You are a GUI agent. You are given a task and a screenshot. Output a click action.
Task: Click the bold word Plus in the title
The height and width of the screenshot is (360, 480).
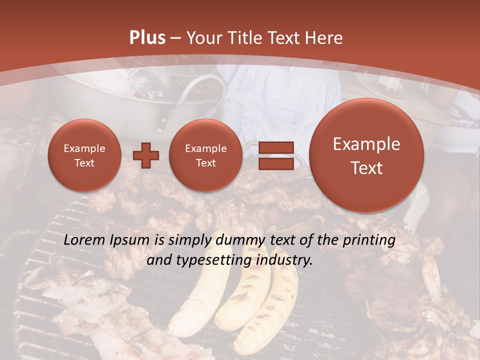147,38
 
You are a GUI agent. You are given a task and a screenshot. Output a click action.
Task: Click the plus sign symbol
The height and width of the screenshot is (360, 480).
146,155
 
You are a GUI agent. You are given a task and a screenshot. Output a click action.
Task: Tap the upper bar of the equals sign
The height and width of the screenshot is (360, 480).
275,148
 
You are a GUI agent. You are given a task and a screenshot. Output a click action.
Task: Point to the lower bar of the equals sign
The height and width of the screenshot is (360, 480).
275,163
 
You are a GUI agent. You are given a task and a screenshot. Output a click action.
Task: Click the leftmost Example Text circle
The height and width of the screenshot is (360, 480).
84,155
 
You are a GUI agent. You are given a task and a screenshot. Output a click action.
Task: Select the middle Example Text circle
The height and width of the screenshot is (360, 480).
205,155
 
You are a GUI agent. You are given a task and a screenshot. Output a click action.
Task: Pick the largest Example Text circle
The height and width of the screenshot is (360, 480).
366,155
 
